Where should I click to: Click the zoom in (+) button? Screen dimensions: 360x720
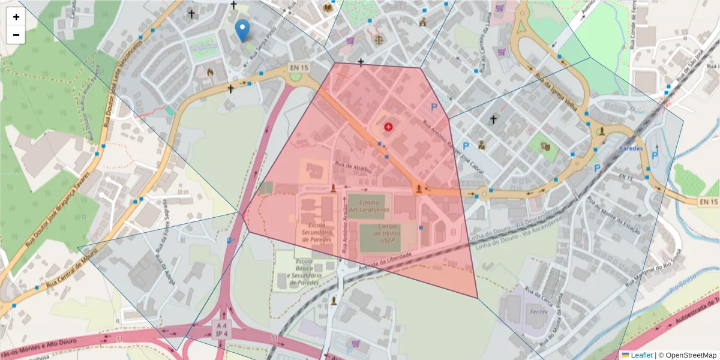click(x=16, y=17)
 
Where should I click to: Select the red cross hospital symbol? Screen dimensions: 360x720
click(x=388, y=127)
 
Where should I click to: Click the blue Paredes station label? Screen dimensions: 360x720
click(x=630, y=148)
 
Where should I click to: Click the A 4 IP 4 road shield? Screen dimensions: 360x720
click(x=221, y=329)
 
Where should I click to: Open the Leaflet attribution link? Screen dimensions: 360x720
click(x=641, y=355)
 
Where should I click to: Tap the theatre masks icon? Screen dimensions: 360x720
click(x=545, y=146)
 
